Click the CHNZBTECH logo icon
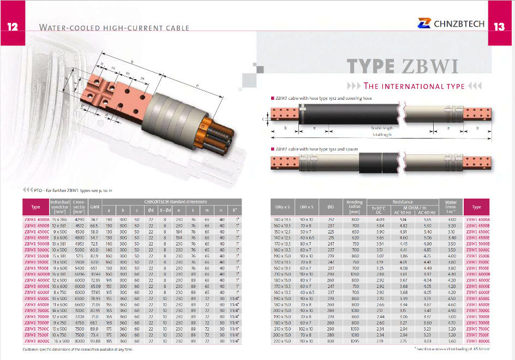pos(424,23)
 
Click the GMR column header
pos(94,207)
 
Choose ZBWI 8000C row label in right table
pos(477,340)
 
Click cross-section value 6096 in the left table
pos(79,274)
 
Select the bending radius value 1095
pos(355,340)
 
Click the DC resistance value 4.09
pos(380,219)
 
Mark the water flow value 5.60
pos(451,340)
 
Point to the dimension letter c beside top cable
pos(264,118)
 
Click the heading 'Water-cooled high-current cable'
pos(115,27)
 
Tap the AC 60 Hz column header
pos(427,213)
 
